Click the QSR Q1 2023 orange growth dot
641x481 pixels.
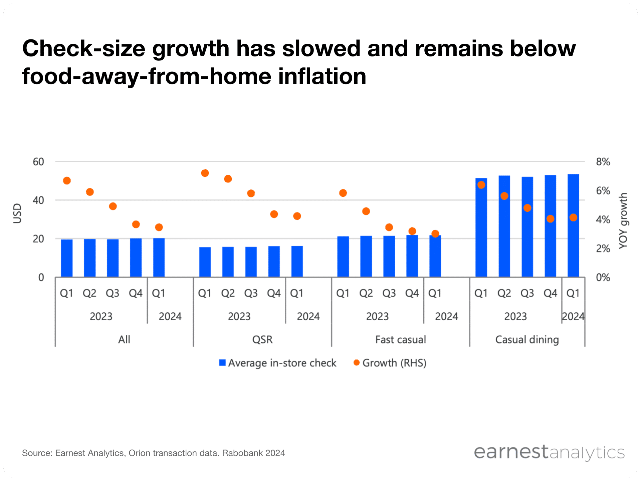(205, 173)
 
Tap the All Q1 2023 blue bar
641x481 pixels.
(67, 258)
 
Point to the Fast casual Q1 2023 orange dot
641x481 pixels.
(343, 193)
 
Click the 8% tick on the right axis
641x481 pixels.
(603, 162)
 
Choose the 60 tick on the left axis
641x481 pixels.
(38, 162)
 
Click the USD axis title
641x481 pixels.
(17, 213)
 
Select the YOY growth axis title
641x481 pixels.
(623, 220)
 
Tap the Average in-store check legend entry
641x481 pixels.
(278, 363)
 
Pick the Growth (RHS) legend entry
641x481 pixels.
(390, 363)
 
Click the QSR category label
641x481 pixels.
(262, 340)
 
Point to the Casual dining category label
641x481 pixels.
(527, 340)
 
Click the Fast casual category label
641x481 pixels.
(400, 340)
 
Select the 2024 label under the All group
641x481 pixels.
(170, 316)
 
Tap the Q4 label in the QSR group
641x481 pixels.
(274, 293)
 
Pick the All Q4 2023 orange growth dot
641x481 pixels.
(136, 224)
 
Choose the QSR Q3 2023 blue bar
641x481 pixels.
(251, 262)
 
